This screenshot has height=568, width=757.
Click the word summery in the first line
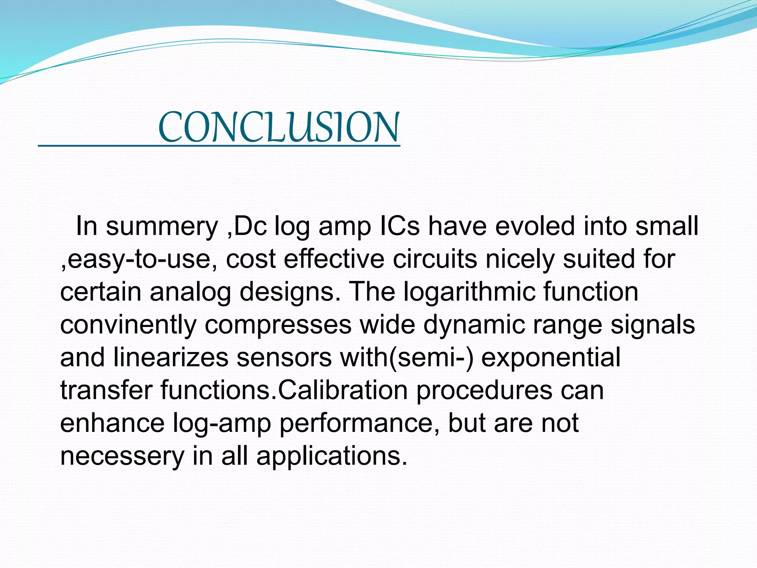pos(162,226)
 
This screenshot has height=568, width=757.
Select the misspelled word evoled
pos(535,226)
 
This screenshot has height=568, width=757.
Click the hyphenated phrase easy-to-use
pos(139,259)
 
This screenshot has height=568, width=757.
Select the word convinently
pos(128,325)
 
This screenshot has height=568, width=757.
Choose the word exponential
pos(551,358)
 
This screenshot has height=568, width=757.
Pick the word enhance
pos(112,423)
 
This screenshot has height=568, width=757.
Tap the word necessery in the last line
pos(122,456)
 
